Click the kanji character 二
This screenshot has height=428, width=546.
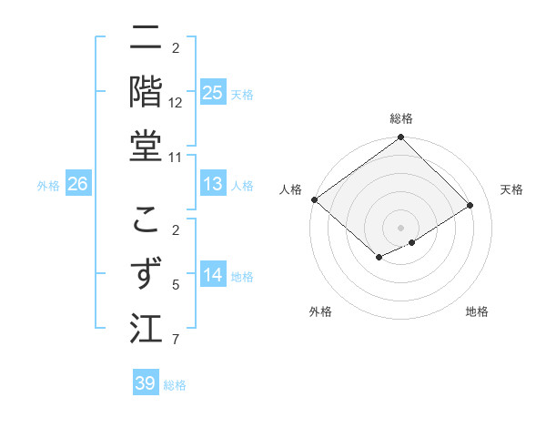pos(146,38)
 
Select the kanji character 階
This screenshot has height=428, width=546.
pos(146,91)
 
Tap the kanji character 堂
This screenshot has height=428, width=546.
pos(146,145)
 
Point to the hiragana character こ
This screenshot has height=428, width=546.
pos(146,219)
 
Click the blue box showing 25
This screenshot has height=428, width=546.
pos(213,92)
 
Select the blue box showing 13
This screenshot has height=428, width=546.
pos(213,184)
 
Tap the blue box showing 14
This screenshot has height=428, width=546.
pos(213,275)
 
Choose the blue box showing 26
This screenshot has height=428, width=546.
pos(78,184)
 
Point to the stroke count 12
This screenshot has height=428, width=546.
pos(176,103)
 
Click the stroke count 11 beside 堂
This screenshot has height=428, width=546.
pos(176,158)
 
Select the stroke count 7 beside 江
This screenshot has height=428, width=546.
pos(176,340)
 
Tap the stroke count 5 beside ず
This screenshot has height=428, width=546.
pos(176,285)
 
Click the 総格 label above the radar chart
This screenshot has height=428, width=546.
pos(401,118)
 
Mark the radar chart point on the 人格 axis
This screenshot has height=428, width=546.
pos(314,199)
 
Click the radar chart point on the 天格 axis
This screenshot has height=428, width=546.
pos(470,206)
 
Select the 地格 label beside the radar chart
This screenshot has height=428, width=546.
pos(477,311)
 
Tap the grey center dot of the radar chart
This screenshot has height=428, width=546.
pos(400,227)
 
